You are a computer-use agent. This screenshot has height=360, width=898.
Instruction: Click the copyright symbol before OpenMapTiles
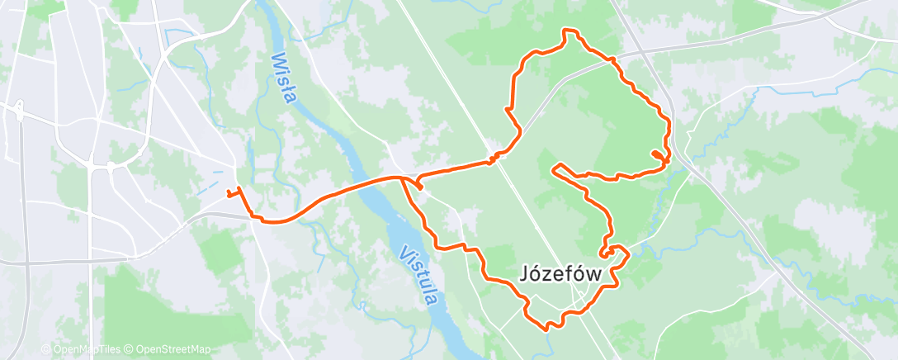tap(46, 349)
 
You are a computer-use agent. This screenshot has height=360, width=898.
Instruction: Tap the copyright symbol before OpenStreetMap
tap(130, 349)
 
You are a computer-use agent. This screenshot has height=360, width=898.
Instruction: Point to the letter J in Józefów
tap(526, 272)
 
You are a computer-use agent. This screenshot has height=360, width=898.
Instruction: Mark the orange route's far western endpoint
tap(227, 194)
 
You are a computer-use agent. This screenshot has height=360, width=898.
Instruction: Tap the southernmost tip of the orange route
tap(546, 329)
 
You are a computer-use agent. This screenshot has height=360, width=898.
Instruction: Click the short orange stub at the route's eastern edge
tap(657, 154)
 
